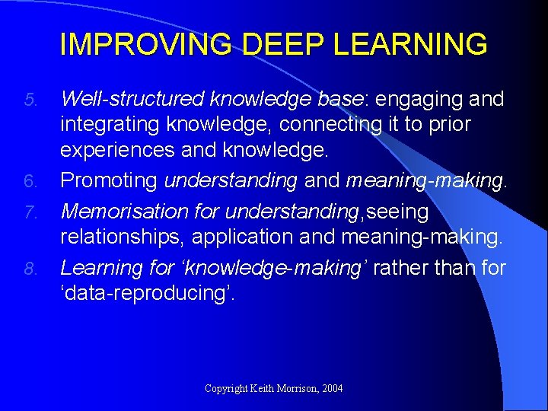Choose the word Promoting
tap(109, 181)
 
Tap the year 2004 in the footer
tap(333, 389)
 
